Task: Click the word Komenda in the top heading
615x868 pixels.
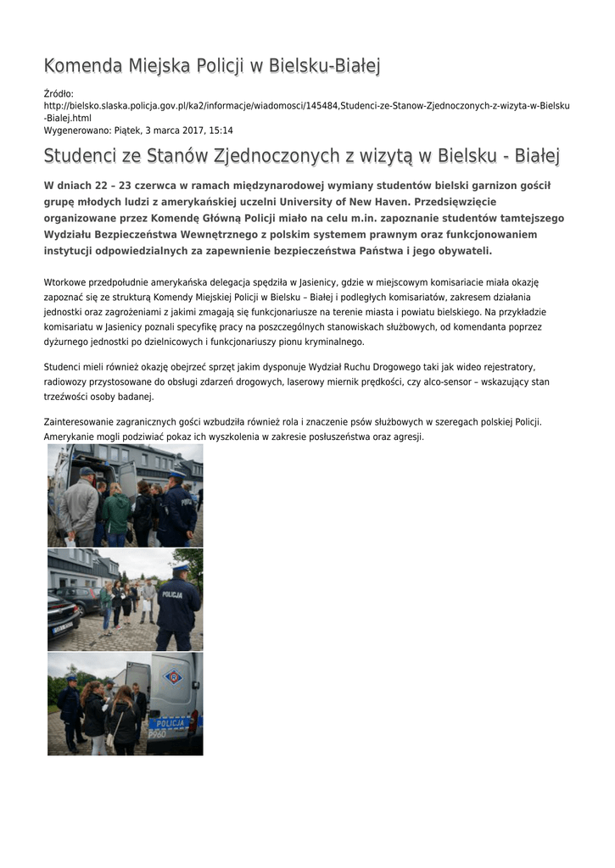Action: pos(83,65)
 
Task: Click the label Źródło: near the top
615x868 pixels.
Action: pos(59,93)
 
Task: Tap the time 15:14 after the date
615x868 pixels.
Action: pos(221,131)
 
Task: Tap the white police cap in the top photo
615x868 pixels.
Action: pos(176,475)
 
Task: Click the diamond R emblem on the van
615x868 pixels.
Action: pos(172,677)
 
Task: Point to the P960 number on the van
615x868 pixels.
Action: pos(158,734)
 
